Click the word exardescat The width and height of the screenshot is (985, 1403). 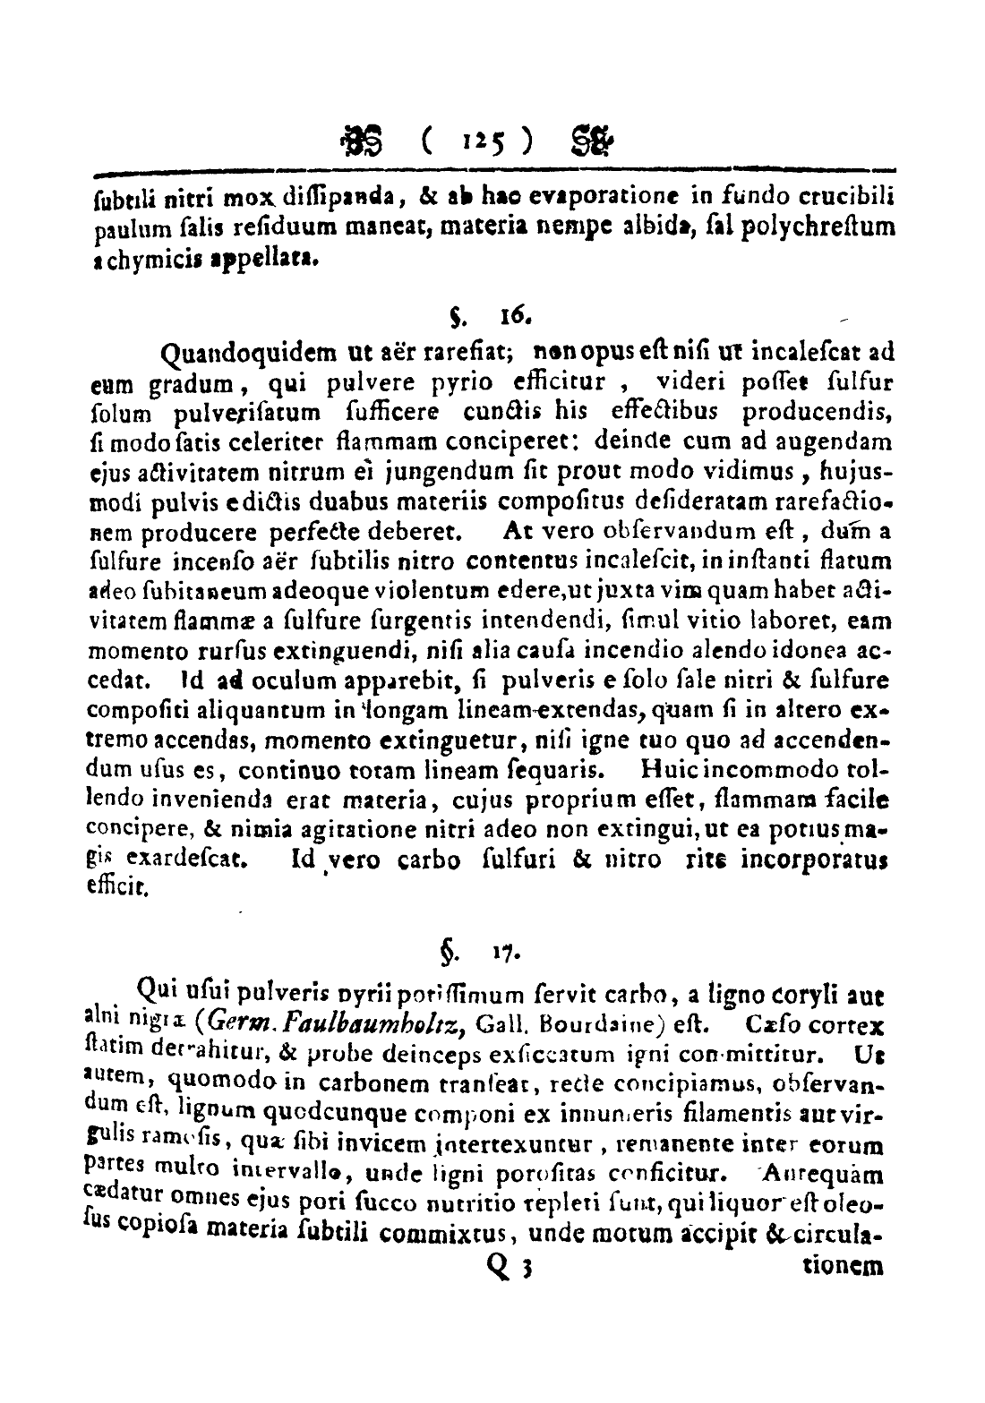coord(194,861)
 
